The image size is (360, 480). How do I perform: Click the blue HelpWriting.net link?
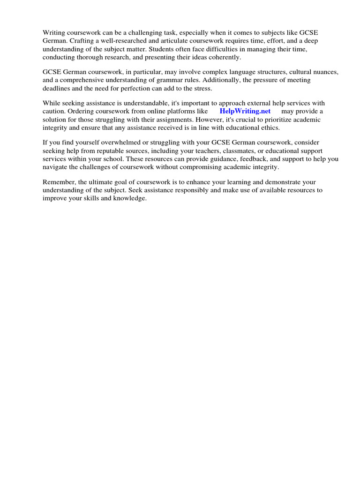pyautogui.click(x=245, y=111)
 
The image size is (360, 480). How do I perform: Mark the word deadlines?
pyautogui.click(x=56, y=89)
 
